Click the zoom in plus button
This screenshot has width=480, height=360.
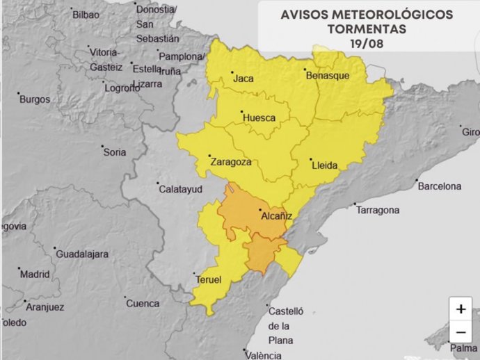tap(461, 309)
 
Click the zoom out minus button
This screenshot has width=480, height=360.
tap(461, 331)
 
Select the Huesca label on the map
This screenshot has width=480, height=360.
tap(259, 118)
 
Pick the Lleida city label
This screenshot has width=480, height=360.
tap(325, 165)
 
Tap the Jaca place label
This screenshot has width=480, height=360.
tap(243, 79)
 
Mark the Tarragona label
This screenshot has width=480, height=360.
tap(377, 210)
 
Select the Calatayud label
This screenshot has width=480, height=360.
tap(180, 189)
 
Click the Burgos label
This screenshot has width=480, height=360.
tap(34, 99)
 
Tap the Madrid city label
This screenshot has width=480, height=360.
tap(35, 274)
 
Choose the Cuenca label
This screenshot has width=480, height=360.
tap(143, 304)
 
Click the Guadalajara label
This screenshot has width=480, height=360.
tap(81, 254)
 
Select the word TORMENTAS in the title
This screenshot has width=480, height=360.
tap(367, 29)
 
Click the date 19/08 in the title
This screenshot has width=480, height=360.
tap(366, 43)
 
